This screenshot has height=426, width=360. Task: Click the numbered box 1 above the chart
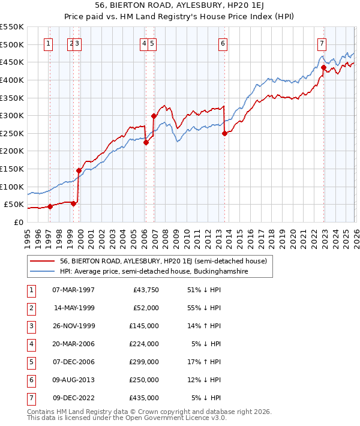(48, 43)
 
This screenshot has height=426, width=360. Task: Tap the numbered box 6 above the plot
(223, 43)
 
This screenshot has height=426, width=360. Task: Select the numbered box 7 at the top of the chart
(322, 43)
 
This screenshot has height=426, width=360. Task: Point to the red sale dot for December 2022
(323, 68)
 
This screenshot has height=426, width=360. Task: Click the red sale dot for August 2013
(224, 133)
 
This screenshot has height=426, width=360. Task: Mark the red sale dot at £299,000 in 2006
(154, 116)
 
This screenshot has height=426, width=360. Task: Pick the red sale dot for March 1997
(50, 206)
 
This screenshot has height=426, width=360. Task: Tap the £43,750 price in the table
(146, 290)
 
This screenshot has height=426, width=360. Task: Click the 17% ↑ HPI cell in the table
(206, 362)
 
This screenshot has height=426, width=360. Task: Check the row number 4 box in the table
(31, 344)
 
